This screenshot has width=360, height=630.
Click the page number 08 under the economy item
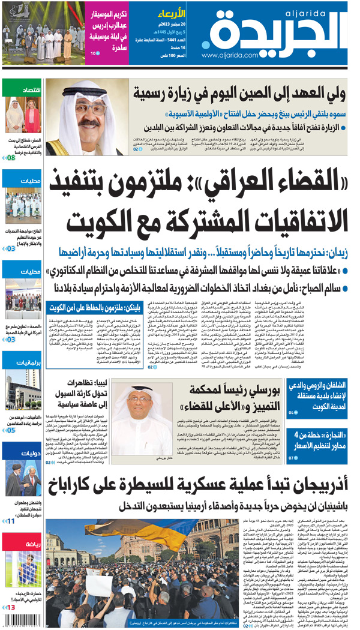coord(10,158)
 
